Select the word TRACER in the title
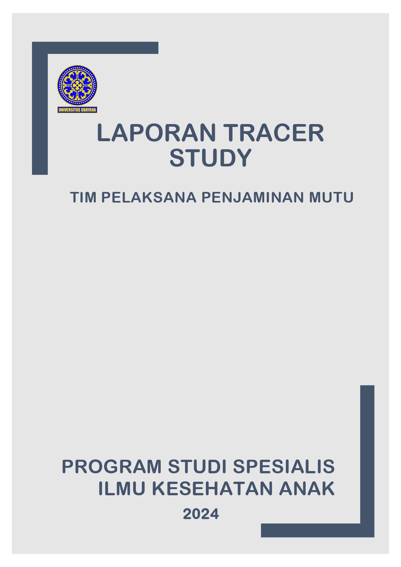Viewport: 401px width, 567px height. pos(274,133)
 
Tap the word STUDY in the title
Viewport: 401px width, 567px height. pos(211,158)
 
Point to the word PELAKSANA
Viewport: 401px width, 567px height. pos(149,197)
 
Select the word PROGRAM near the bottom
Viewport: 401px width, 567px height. pos(112,467)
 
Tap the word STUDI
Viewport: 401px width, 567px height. pos(197,467)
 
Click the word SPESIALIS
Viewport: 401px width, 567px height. pos(284,467)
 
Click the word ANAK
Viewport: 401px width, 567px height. pos(307,488)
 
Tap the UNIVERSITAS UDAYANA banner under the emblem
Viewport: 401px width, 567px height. pos(77,110)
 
